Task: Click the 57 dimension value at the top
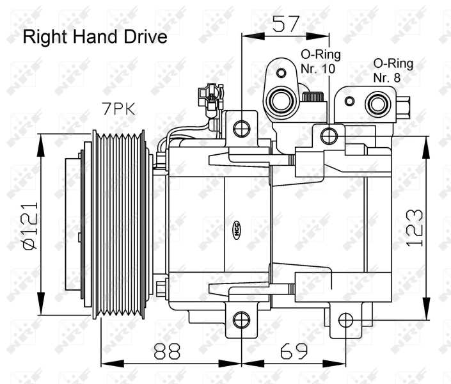click(286, 24)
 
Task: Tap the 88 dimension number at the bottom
click(167, 351)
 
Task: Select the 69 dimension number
click(294, 351)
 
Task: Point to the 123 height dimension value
click(415, 228)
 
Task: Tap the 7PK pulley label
click(118, 109)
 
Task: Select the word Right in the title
click(45, 37)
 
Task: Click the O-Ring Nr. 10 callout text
click(320, 61)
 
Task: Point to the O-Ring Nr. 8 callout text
click(393, 70)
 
